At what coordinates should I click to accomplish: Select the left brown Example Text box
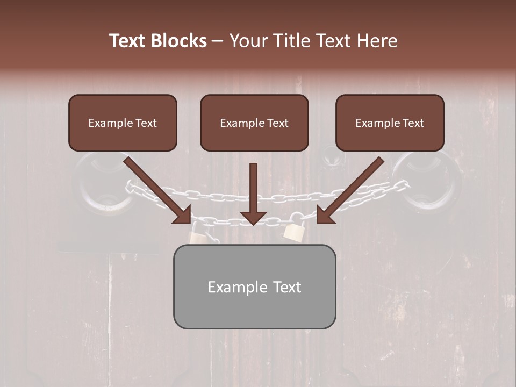click(123, 123)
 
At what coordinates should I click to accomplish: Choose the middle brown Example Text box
click(254, 123)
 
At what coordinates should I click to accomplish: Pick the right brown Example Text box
click(390, 123)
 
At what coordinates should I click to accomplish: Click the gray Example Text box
click(254, 286)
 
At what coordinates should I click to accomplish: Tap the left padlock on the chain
click(198, 233)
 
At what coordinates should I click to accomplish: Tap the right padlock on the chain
click(295, 230)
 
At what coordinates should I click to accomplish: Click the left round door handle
click(105, 183)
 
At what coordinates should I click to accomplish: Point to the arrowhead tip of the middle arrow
click(253, 224)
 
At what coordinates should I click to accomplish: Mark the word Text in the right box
click(413, 123)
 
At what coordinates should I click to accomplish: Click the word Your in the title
click(248, 41)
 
